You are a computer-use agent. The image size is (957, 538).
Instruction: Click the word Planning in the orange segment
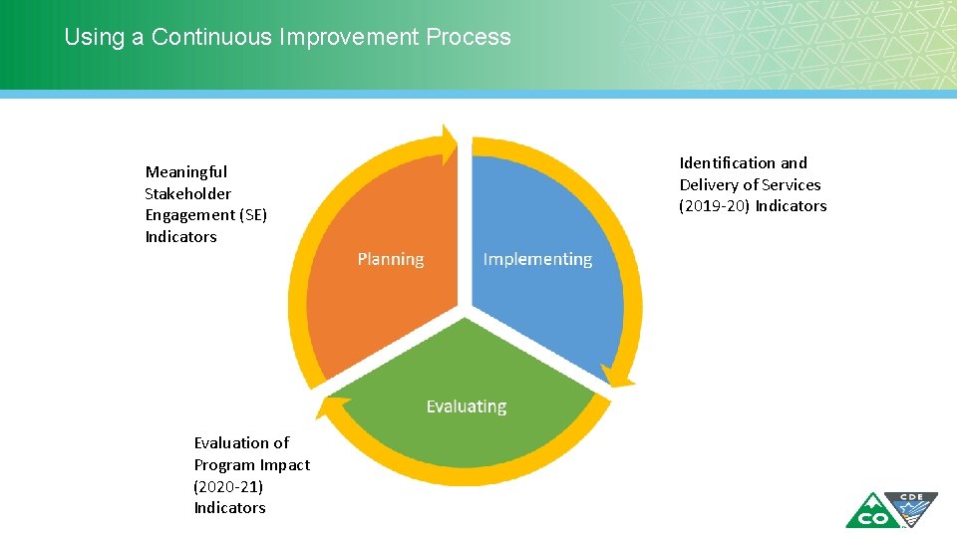pyautogui.click(x=390, y=259)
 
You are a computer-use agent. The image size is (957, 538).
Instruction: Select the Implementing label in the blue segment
pyautogui.click(x=537, y=259)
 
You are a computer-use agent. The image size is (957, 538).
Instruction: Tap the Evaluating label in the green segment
pyautogui.click(x=466, y=406)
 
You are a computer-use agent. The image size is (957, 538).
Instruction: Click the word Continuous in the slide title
pyautogui.click(x=212, y=38)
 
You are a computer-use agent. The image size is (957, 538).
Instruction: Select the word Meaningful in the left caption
pyautogui.click(x=185, y=172)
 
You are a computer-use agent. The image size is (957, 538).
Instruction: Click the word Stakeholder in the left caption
pyautogui.click(x=187, y=194)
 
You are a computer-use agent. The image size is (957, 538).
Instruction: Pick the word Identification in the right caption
pyautogui.click(x=728, y=163)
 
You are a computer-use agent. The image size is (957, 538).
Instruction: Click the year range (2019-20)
pyautogui.click(x=715, y=206)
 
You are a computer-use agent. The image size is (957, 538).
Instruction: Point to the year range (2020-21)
pyautogui.click(x=228, y=486)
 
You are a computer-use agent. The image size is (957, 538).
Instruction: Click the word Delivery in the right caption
pyautogui.click(x=711, y=185)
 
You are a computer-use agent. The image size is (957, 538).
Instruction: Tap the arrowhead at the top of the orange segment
pyautogui.click(x=449, y=137)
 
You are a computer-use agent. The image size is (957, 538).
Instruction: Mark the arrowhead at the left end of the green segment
pyautogui.click(x=326, y=407)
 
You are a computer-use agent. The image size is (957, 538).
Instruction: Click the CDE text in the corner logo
pyautogui.click(x=911, y=498)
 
